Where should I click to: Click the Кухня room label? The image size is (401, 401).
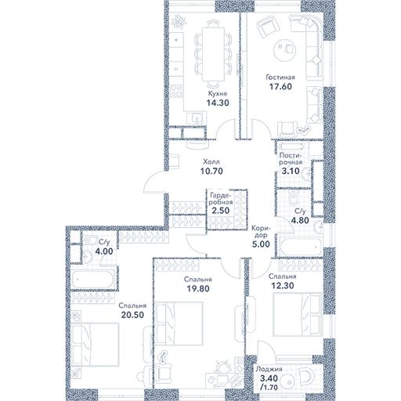(x=218, y=94)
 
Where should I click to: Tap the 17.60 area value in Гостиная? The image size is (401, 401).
(x=280, y=86)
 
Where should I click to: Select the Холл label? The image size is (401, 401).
(x=211, y=162)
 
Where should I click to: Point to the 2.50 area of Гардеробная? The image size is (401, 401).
(x=221, y=211)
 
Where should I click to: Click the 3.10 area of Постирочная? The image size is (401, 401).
(x=291, y=171)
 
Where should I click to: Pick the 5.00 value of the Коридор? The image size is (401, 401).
(x=261, y=244)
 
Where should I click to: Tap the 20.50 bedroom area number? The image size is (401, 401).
(x=132, y=315)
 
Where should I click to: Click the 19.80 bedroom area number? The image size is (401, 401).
(x=198, y=289)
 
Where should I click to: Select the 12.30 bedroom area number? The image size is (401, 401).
(x=283, y=286)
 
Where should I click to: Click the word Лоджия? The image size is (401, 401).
(x=269, y=369)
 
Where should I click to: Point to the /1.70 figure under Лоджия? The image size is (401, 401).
(x=269, y=387)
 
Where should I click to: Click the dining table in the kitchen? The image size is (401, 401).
(x=213, y=54)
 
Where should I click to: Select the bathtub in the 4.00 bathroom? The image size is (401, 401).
(x=92, y=280)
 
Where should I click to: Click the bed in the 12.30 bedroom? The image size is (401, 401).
(x=297, y=314)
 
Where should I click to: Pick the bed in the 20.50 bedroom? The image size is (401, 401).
(x=95, y=345)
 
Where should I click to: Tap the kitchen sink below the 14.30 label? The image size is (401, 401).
(x=197, y=117)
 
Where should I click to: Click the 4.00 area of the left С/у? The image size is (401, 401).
(x=104, y=251)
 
